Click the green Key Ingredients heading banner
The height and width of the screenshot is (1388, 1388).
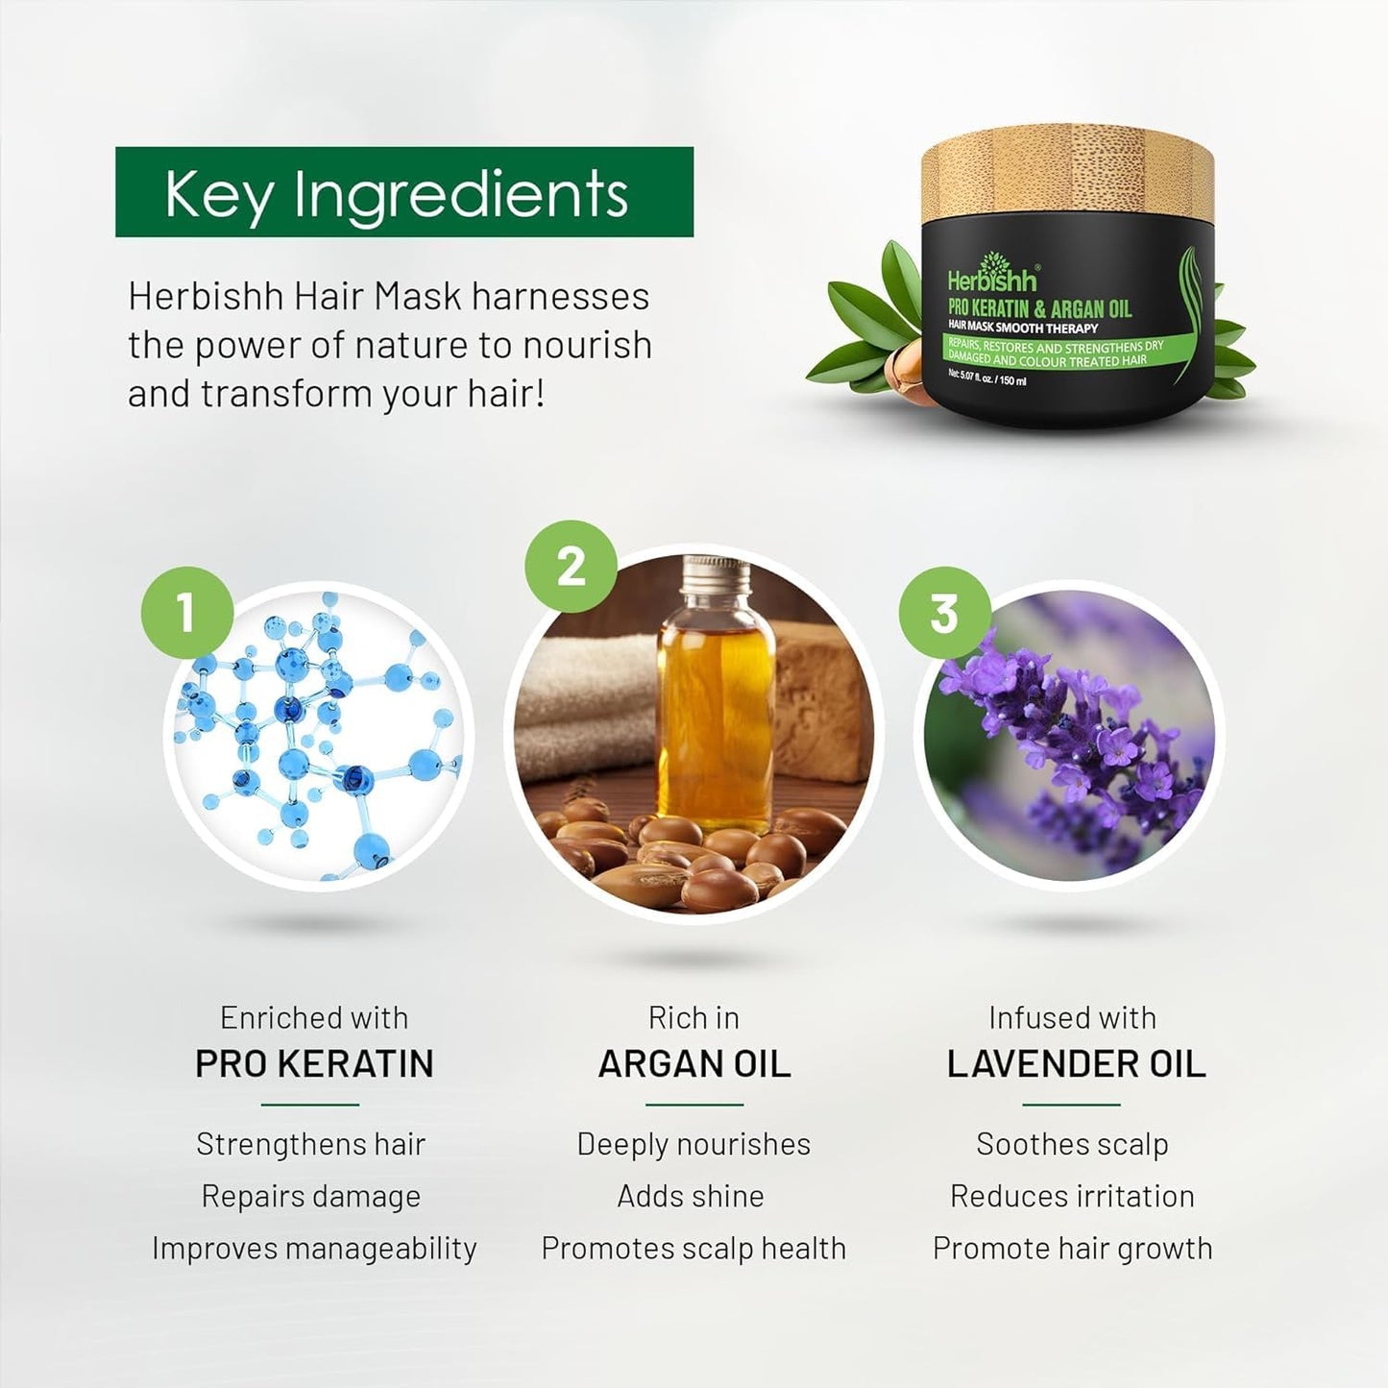[403, 192]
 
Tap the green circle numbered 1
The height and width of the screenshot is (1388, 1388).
[186, 612]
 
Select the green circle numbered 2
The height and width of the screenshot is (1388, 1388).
[571, 567]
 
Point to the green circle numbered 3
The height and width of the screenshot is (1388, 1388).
[944, 612]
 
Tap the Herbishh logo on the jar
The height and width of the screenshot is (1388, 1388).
[992, 279]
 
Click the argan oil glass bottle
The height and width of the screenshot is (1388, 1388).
[715, 711]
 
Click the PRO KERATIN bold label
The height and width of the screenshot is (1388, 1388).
[314, 1064]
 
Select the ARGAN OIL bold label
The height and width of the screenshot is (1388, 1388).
[694, 1064]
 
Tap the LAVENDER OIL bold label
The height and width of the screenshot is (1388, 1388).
[1076, 1064]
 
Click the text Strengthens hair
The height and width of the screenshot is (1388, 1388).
[310, 1144]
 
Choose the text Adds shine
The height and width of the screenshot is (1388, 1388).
[691, 1196]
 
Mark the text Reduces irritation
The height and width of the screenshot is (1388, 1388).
[1072, 1196]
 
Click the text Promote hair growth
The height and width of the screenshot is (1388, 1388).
[1072, 1248]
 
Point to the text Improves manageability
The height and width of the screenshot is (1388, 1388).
[314, 1248]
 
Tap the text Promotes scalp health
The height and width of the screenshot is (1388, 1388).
[694, 1248]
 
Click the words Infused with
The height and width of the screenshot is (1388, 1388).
[1072, 1017]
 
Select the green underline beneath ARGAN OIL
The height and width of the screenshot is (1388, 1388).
[694, 1105]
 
